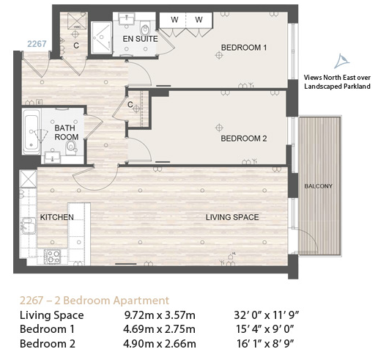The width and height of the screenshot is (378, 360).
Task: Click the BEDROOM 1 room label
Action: (244, 48)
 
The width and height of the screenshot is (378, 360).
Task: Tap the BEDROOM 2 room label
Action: (244, 139)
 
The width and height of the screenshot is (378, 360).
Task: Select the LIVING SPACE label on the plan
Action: (232, 217)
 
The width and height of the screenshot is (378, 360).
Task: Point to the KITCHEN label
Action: (56, 217)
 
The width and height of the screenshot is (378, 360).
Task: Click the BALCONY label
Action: (319, 186)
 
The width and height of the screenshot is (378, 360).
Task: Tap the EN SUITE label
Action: (140, 39)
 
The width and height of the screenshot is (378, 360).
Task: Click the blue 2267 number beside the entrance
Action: (37, 44)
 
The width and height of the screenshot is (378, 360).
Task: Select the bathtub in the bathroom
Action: (31, 131)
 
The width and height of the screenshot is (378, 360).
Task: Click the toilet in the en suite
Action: (145, 29)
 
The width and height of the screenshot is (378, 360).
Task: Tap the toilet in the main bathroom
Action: (71, 147)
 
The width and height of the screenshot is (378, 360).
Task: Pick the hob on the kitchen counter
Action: (52, 257)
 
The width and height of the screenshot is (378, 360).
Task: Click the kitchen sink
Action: (29, 226)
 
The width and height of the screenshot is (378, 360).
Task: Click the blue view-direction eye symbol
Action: (342, 61)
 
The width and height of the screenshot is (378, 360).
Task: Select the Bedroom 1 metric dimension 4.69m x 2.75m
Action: (159, 329)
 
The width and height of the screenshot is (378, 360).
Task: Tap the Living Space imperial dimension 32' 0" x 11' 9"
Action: (267, 315)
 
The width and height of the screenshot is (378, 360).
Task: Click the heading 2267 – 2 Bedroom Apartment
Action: (94, 301)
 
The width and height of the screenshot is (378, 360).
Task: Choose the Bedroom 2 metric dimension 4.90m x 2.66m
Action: (160, 344)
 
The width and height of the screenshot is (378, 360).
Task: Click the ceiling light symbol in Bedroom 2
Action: (219, 128)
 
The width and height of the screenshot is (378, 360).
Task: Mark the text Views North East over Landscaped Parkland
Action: (337, 82)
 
